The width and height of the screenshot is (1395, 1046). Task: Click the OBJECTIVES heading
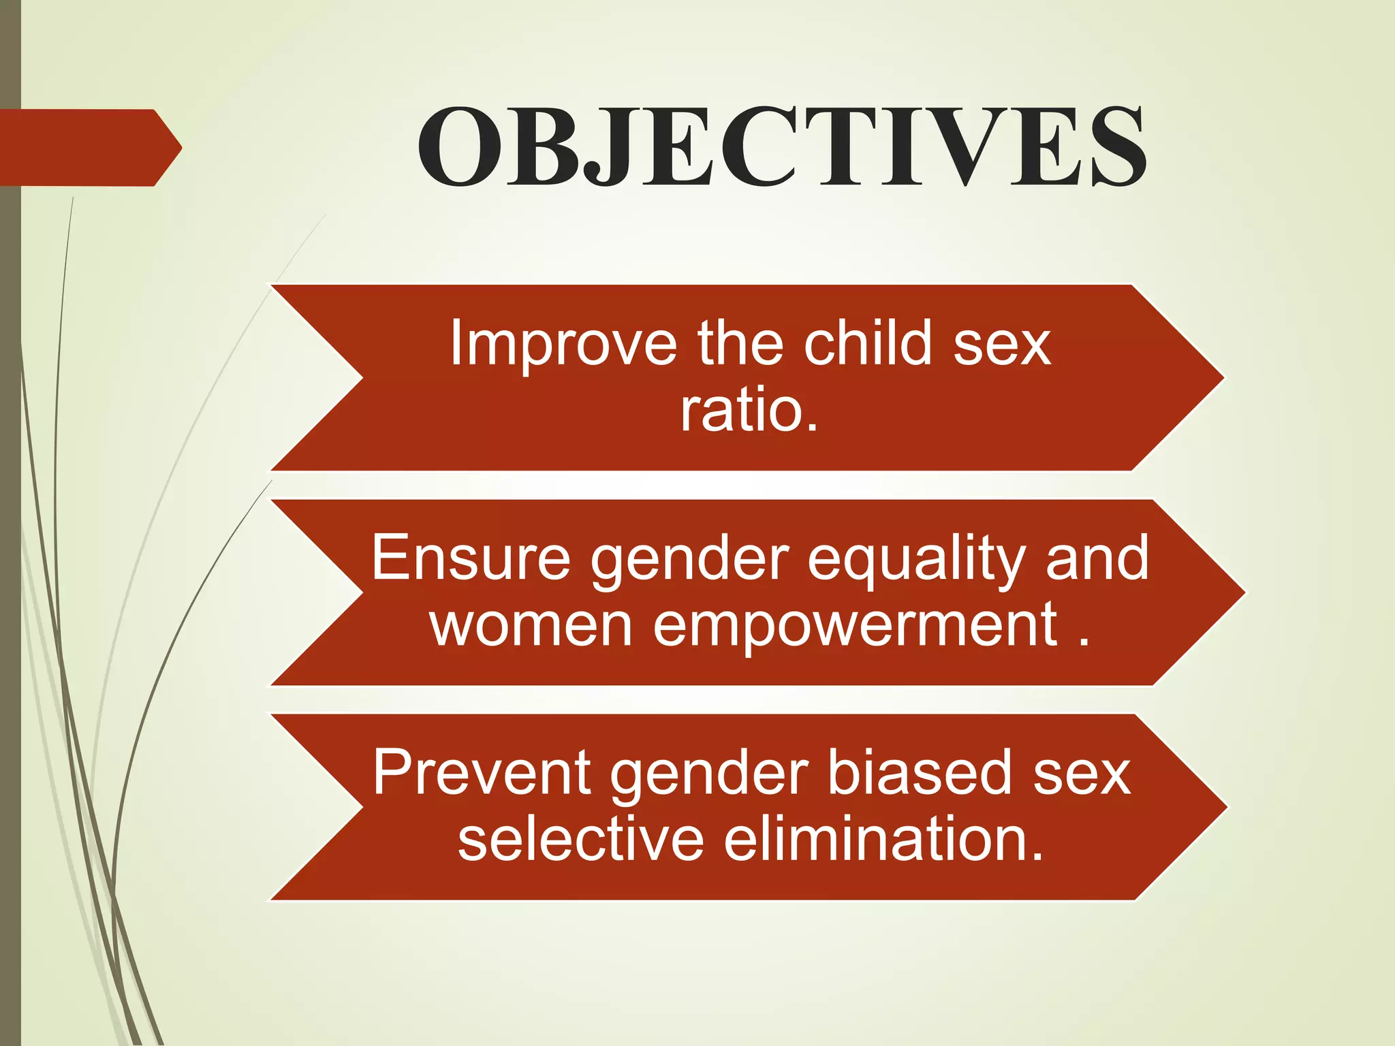[781, 147]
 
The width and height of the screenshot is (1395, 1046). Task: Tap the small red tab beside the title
[89, 147]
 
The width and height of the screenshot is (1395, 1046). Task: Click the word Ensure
[471, 558]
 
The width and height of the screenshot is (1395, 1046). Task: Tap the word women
[531, 625]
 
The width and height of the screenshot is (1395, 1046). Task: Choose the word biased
[920, 773]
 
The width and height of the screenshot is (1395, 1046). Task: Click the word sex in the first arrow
[1002, 345]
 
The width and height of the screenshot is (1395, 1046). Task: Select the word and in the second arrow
[1097, 558]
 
